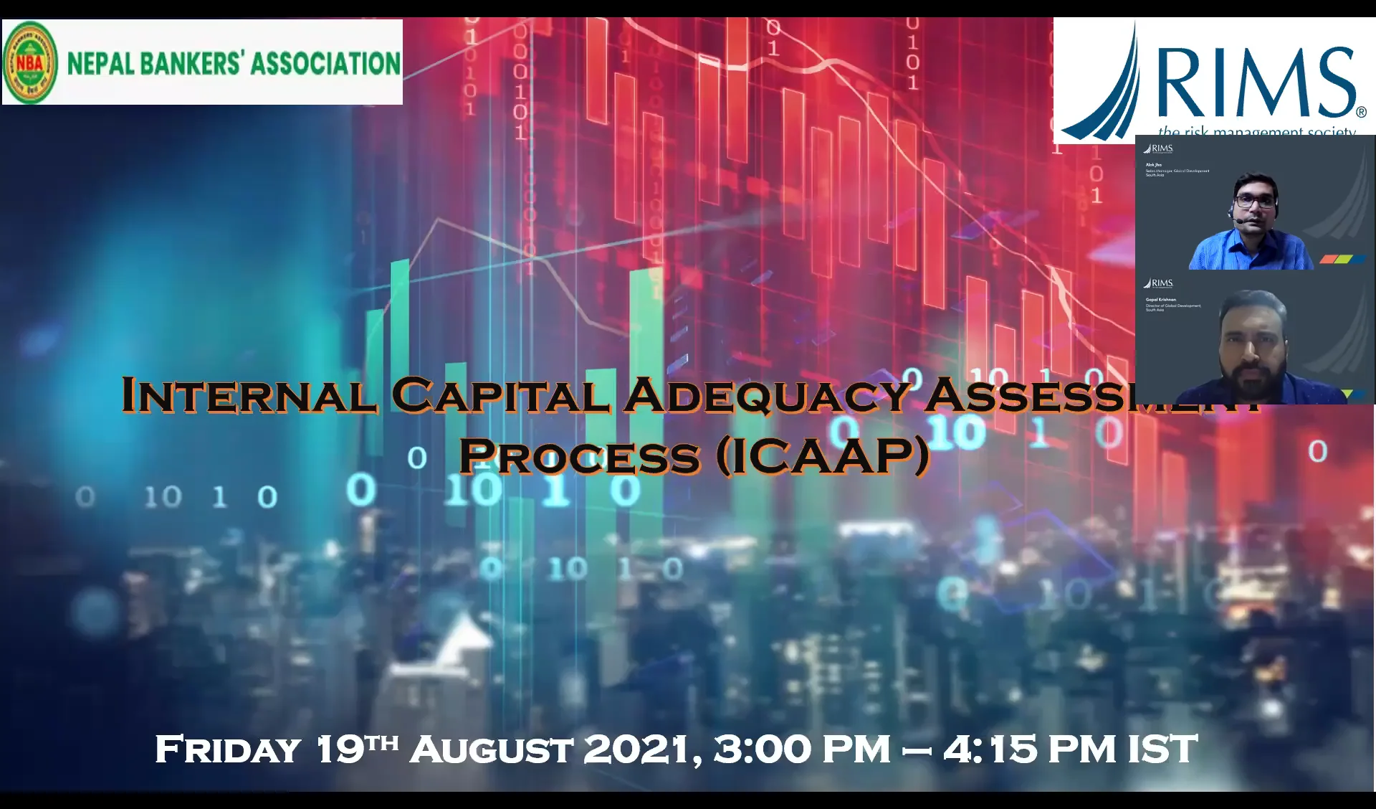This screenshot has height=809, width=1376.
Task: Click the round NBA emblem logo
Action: [x=30, y=63]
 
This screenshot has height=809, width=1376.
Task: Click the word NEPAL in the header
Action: [x=101, y=63]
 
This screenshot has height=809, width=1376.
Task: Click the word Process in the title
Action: [x=579, y=457]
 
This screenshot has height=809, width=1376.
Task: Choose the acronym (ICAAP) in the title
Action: [x=823, y=457]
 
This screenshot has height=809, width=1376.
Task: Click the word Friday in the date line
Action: [x=228, y=750]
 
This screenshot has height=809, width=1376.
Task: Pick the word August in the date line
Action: [x=492, y=750]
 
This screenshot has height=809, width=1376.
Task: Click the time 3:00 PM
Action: [x=802, y=749]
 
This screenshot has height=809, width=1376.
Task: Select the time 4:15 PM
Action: [x=1030, y=749]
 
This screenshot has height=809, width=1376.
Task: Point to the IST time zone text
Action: [x=1162, y=749]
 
